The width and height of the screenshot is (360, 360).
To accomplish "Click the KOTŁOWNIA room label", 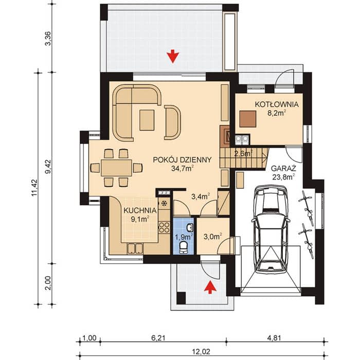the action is tap(277, 104).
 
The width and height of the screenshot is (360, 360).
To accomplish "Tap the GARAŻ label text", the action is tap(283, 168).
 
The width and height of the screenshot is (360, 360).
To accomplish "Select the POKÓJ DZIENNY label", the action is tap(182, 160).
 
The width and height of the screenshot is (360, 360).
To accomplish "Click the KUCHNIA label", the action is tap(140, 210).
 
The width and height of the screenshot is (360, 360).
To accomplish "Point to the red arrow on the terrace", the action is tap(173, 57).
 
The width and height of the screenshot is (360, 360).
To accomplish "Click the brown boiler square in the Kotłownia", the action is tap(248, 119).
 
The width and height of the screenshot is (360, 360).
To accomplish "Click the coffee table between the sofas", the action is tap(147, 120).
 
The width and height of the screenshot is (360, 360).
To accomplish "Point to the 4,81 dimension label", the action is tap(274, 338).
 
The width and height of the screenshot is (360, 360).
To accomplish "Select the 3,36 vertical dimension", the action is tap(49, 39).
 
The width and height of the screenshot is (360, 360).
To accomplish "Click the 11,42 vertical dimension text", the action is tap(34, 188).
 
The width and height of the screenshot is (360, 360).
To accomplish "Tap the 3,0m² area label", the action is tap(213, 236).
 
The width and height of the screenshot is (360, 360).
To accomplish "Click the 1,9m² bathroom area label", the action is tap(184, 236).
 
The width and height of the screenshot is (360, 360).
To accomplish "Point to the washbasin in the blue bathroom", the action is tap(190, 227).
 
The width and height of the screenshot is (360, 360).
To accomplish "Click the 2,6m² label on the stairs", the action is tap(243, 153).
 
